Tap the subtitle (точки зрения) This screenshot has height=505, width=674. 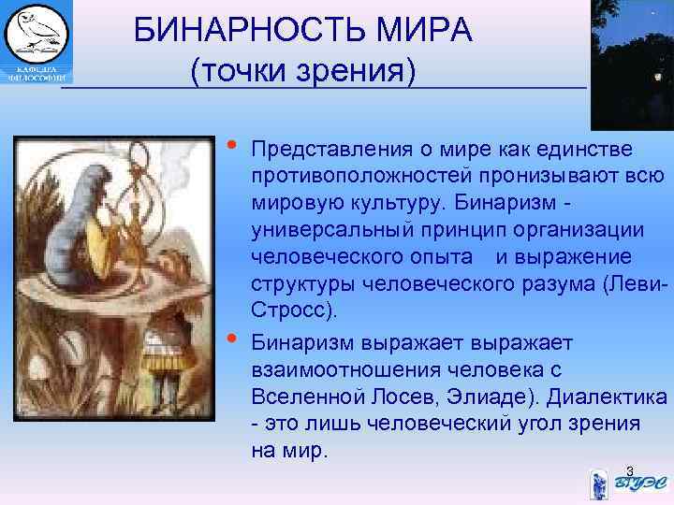(x=302, y=70)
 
